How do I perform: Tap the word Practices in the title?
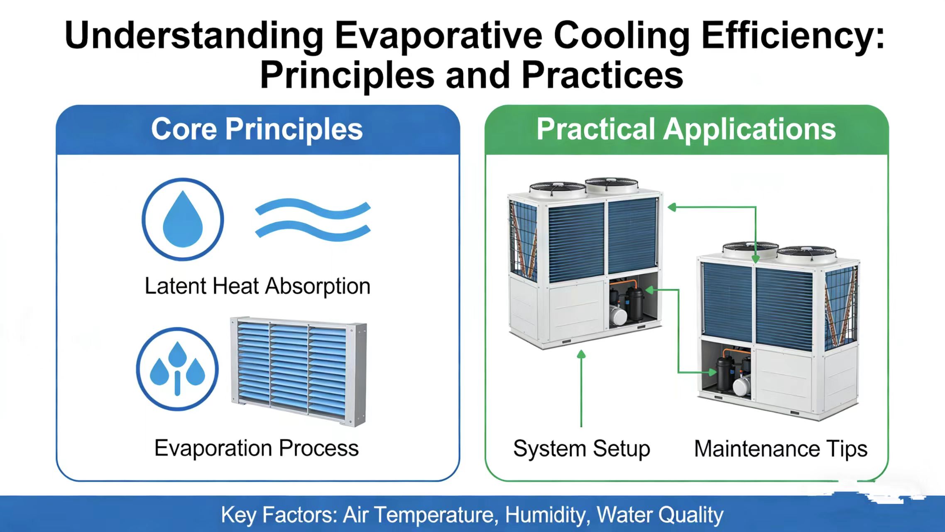pos(602,75)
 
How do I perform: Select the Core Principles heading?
pos(257,129)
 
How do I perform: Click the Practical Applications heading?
pos(686,129)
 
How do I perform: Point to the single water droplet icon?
pos(183,219)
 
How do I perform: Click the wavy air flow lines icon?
pos(313,219)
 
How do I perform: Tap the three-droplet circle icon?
pos(177,369)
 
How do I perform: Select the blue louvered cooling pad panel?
pos(299,372)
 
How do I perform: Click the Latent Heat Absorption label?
pos(257,286)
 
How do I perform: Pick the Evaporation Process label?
pos(257,448)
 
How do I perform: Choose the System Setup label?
pos(582,449)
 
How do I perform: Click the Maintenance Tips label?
pos(781,449)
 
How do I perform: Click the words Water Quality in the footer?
pos(660,515)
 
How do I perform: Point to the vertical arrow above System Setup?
pos(581,388)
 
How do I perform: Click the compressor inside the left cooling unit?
pos(627,303)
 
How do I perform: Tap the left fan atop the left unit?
pos(557,189)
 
